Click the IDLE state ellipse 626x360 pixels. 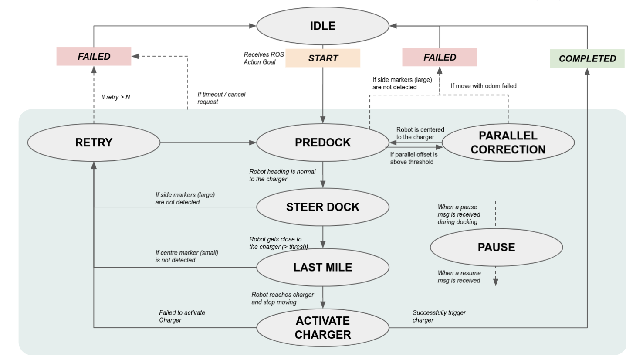323,26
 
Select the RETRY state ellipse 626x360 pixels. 94,143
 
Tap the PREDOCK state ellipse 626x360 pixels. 323,143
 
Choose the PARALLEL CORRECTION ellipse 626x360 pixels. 508,143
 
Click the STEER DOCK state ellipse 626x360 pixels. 323,207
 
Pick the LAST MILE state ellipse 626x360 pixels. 323,267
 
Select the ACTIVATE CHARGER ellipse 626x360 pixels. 323,328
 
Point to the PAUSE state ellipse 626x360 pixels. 496,247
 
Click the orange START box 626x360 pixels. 323,58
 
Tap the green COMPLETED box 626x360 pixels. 587,58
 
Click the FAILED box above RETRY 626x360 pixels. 94,57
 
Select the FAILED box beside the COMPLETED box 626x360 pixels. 440,57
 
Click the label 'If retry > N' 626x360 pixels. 115,97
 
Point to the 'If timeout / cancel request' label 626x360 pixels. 221,98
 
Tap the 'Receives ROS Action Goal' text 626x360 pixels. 264,58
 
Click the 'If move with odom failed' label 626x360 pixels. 484,86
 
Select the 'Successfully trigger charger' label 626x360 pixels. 439,316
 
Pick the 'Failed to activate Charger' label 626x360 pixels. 182,316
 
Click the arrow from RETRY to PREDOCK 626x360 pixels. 208,143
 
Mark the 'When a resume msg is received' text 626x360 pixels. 459,277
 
